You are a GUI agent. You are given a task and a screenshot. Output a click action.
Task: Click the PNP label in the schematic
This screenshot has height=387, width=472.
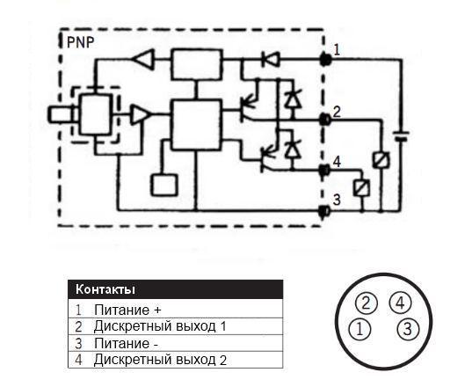80,43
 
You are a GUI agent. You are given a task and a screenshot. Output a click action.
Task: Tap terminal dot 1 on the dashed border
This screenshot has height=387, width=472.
325,59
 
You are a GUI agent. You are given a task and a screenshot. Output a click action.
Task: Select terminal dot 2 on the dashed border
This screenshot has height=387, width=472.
325,120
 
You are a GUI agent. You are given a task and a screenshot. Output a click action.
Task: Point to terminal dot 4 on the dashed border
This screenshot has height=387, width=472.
325,171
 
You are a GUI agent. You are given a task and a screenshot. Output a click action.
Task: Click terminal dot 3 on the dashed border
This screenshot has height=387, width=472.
324,211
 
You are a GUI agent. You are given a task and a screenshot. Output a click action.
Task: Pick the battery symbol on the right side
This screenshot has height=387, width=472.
402,136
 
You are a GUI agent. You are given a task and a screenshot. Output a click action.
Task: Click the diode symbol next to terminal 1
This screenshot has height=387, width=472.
271,59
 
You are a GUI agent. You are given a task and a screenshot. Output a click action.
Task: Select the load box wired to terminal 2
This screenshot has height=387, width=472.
381,160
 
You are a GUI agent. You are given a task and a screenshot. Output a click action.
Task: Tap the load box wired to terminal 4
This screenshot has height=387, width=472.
362,188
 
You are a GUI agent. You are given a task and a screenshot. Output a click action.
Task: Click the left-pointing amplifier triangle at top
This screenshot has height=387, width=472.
143,59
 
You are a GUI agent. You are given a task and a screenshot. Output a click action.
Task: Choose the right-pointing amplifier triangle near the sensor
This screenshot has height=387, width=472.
141,114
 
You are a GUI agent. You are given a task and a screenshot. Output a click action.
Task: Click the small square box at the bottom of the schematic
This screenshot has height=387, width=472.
164,186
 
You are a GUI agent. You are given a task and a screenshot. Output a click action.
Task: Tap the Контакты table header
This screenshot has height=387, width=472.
105,289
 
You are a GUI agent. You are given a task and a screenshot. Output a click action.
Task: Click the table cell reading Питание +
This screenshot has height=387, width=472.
127,310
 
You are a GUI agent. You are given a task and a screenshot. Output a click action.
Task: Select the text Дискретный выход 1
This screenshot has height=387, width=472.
160,326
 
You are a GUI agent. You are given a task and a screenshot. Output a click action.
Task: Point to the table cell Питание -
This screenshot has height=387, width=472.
126,343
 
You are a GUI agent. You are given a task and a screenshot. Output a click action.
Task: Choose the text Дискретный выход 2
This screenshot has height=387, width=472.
160,360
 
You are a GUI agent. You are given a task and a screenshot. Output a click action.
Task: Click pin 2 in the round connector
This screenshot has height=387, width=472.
366,303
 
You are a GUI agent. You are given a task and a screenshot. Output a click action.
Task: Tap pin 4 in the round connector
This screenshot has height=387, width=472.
400,303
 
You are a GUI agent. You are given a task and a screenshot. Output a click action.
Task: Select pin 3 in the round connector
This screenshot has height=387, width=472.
408,329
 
